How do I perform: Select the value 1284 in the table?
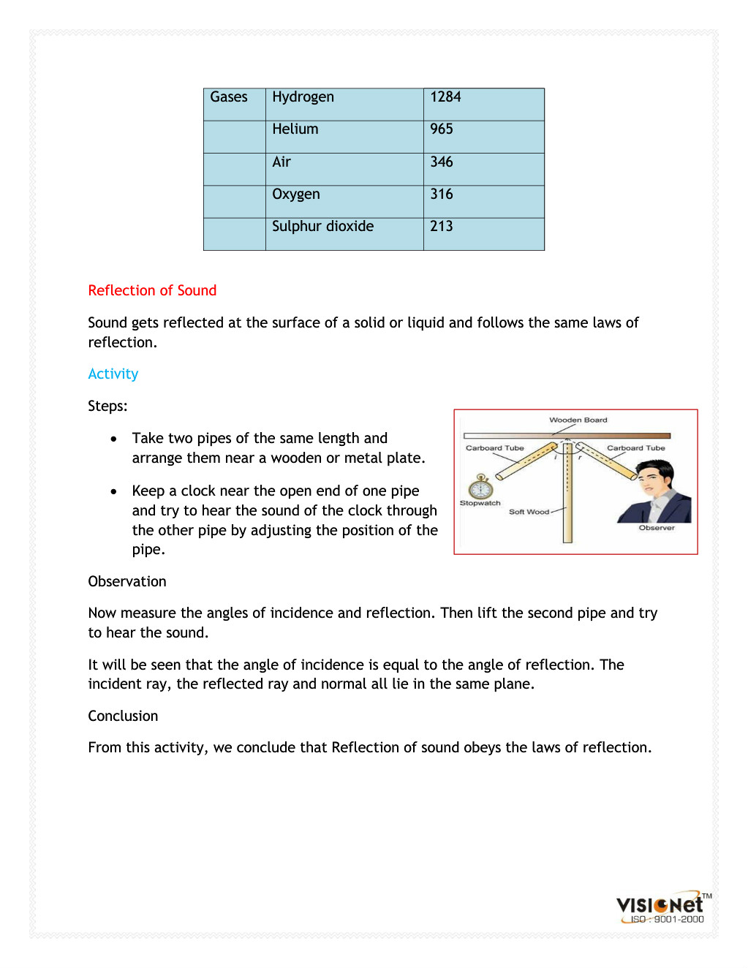[x=445, y=97]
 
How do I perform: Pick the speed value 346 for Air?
[x=442, y=162]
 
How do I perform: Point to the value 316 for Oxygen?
[x=442, y=194]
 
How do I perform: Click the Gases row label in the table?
[x=229, y=97]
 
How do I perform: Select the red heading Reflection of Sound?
[x=152, y=290]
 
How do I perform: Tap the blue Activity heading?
[x=113, y=374]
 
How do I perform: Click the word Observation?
[x=127, y=581]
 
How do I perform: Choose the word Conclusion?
[x=123, y=716]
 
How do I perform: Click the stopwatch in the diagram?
[x=480, y=487]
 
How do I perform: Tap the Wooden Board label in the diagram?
[x=578, y=420]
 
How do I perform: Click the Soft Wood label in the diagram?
[x=529, y=512]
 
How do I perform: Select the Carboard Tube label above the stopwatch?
[x=495, y=448]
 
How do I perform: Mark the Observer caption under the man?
[x=657, y=528]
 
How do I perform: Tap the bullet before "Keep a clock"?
[x=113, y=491]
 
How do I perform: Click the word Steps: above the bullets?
[x=107, y=406]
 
